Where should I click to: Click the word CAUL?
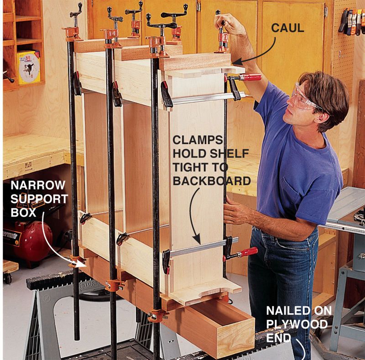click(x=287, y=28)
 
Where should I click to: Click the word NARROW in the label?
click(x=38, y=185)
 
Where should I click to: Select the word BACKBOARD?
click(x=212, y=181)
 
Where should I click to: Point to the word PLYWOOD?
click(x=297, y=324)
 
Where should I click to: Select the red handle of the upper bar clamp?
click(x=251, y=77)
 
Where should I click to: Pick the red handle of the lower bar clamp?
click(x=248, y=252)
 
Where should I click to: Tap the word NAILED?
click(x=282, y=310)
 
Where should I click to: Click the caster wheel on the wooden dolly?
click(x=8, y=278)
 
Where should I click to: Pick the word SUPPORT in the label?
click(x=39, y=199)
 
